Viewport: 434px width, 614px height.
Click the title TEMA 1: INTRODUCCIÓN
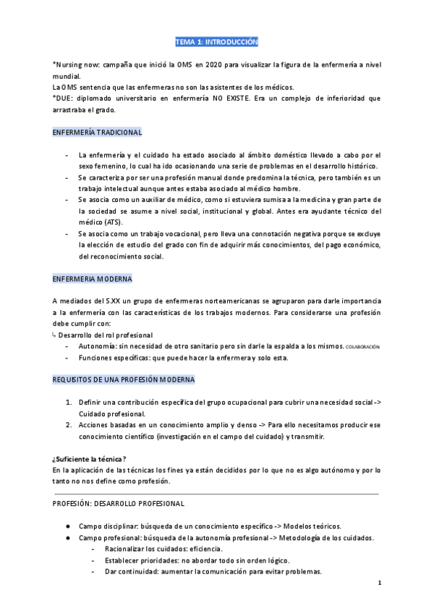point(217,42)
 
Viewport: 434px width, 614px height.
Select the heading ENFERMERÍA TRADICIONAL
point(98,133)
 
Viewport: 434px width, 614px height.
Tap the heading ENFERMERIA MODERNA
point(92,279)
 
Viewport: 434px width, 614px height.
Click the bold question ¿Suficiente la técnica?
point(90,458)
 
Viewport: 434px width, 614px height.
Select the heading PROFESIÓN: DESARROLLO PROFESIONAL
point(119,503)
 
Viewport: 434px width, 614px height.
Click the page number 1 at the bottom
point(379,582)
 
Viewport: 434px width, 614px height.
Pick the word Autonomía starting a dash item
point(98,347)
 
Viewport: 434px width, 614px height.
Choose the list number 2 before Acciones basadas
point(68,425)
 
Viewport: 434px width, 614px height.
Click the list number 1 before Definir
point(68,402)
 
